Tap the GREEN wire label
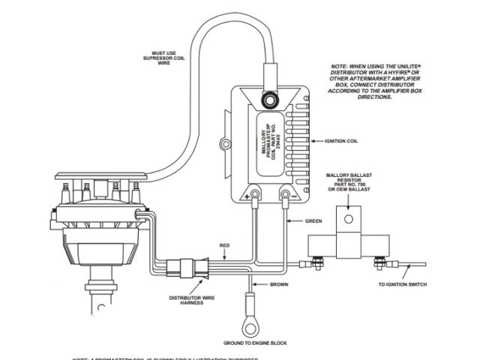(x=314, y=221)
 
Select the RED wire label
(x=224, y=245)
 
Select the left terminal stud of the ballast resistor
(x=316, y=262)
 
